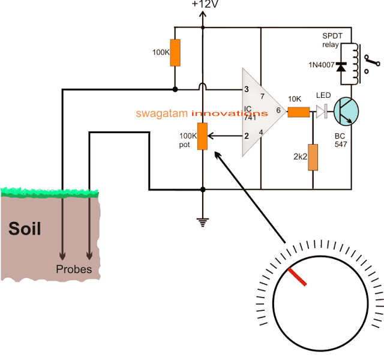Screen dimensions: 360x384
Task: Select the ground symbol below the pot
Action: pos(203,222)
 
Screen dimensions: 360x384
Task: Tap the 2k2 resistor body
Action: pos(313,157)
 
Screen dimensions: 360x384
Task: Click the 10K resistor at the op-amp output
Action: pos(298,111)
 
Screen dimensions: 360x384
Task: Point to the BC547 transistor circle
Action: pos(346,111)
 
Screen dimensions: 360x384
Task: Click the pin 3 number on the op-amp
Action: pos(247,89)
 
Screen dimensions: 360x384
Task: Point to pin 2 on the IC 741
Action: pos(247,136)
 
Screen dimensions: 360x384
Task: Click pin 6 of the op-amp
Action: pos(278,111)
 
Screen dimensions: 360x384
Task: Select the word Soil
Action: pos(25,229)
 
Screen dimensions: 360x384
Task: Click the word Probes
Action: pos(74,269)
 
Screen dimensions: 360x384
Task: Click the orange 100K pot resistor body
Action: pos(203,136)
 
